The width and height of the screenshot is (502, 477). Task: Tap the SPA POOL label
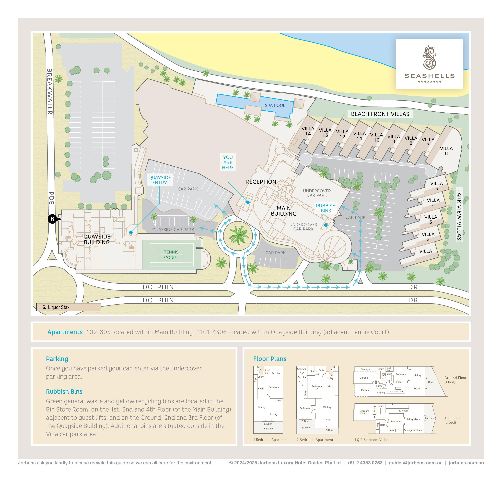(275, 105)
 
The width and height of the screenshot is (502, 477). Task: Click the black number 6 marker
(52, 219)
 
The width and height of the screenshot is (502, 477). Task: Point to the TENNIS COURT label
(171, 254)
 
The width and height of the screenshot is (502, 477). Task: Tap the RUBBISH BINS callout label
(326, 208)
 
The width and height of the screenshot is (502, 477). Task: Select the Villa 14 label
(308, 131)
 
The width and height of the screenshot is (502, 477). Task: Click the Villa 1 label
(426, 253)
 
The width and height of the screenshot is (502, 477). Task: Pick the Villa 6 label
(446, 151)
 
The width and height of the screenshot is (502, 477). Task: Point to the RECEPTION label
(261, 182)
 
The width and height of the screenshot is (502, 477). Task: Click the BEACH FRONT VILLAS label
(380, 114)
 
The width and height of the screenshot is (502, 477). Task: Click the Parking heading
(57, 359)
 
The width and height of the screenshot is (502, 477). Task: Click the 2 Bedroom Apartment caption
(315, 440)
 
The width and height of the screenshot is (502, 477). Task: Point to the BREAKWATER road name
(50, 91)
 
